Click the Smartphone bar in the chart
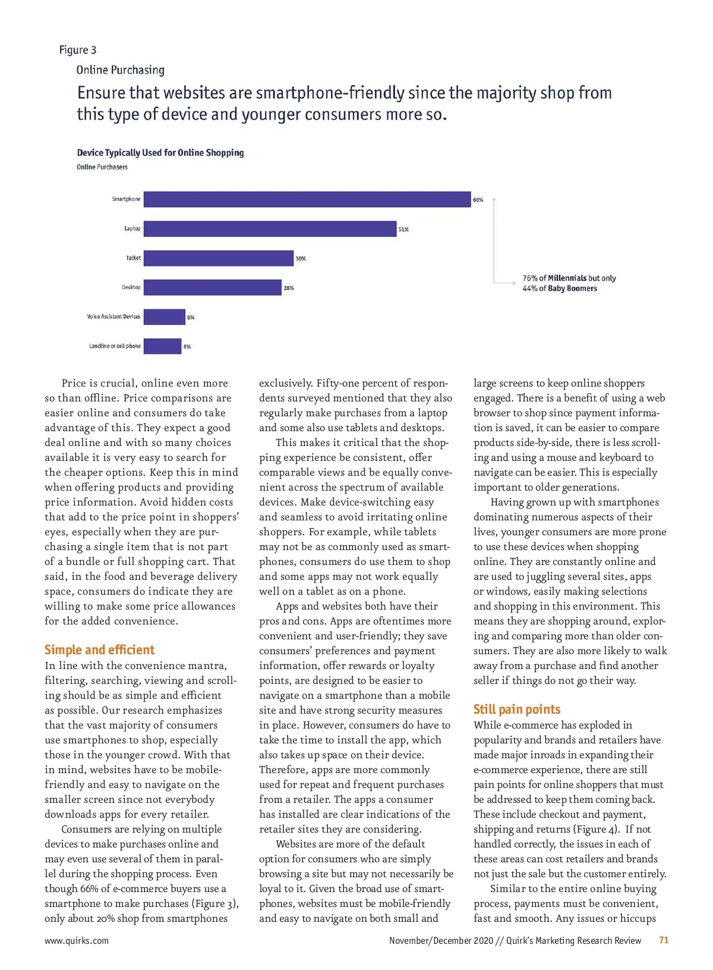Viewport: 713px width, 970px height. point(307,199)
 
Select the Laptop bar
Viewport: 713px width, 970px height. point(270,228)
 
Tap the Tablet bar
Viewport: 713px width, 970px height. point(219,258)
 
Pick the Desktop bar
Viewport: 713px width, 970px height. point(213,287)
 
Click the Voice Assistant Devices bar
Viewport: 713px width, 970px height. point(165,316)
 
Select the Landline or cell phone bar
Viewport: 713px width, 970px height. point(162,346)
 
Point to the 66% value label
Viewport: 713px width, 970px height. point(478,200)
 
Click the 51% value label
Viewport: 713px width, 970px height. point(403,229)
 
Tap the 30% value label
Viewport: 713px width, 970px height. point(301,259)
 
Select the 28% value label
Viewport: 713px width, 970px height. point(289,288)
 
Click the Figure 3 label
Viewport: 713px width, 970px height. point(77,50)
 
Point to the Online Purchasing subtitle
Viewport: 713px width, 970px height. point(120,70)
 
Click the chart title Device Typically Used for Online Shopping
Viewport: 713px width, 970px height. point(160,153)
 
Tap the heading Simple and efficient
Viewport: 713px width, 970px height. point(99,649)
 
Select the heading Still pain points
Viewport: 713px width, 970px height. point(517,709)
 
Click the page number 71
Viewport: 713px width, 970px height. point(664,940)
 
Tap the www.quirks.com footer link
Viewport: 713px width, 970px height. point(77,940)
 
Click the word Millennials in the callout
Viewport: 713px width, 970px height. point(567,278)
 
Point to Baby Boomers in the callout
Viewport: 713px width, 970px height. point(572,288)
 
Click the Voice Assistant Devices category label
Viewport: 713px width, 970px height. point(113,316)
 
